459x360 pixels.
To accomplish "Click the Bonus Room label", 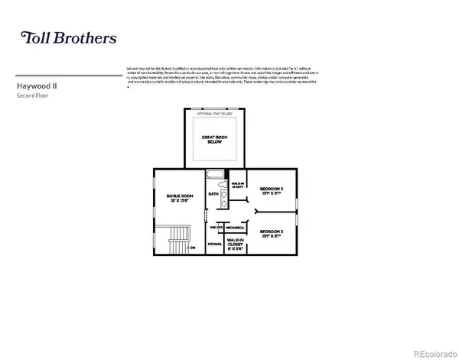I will point(180,198).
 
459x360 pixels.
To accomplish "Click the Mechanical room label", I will point(235,227).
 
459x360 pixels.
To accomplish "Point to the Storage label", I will point(213,244).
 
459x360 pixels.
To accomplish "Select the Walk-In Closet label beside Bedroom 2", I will point(237,185).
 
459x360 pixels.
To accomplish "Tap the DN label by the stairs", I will point(192,248).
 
